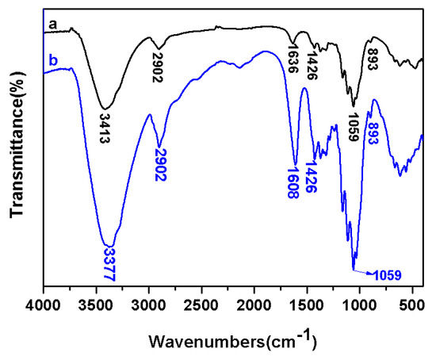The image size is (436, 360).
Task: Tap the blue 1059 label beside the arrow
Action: [388, 275]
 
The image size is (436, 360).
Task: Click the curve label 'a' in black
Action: [52, 25]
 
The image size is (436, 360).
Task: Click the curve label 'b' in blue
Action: [52, 60]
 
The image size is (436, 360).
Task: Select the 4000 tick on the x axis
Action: [44, 302]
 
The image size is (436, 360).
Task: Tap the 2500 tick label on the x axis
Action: [201, 302]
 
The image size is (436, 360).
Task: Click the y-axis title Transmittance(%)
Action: [17, 150]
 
